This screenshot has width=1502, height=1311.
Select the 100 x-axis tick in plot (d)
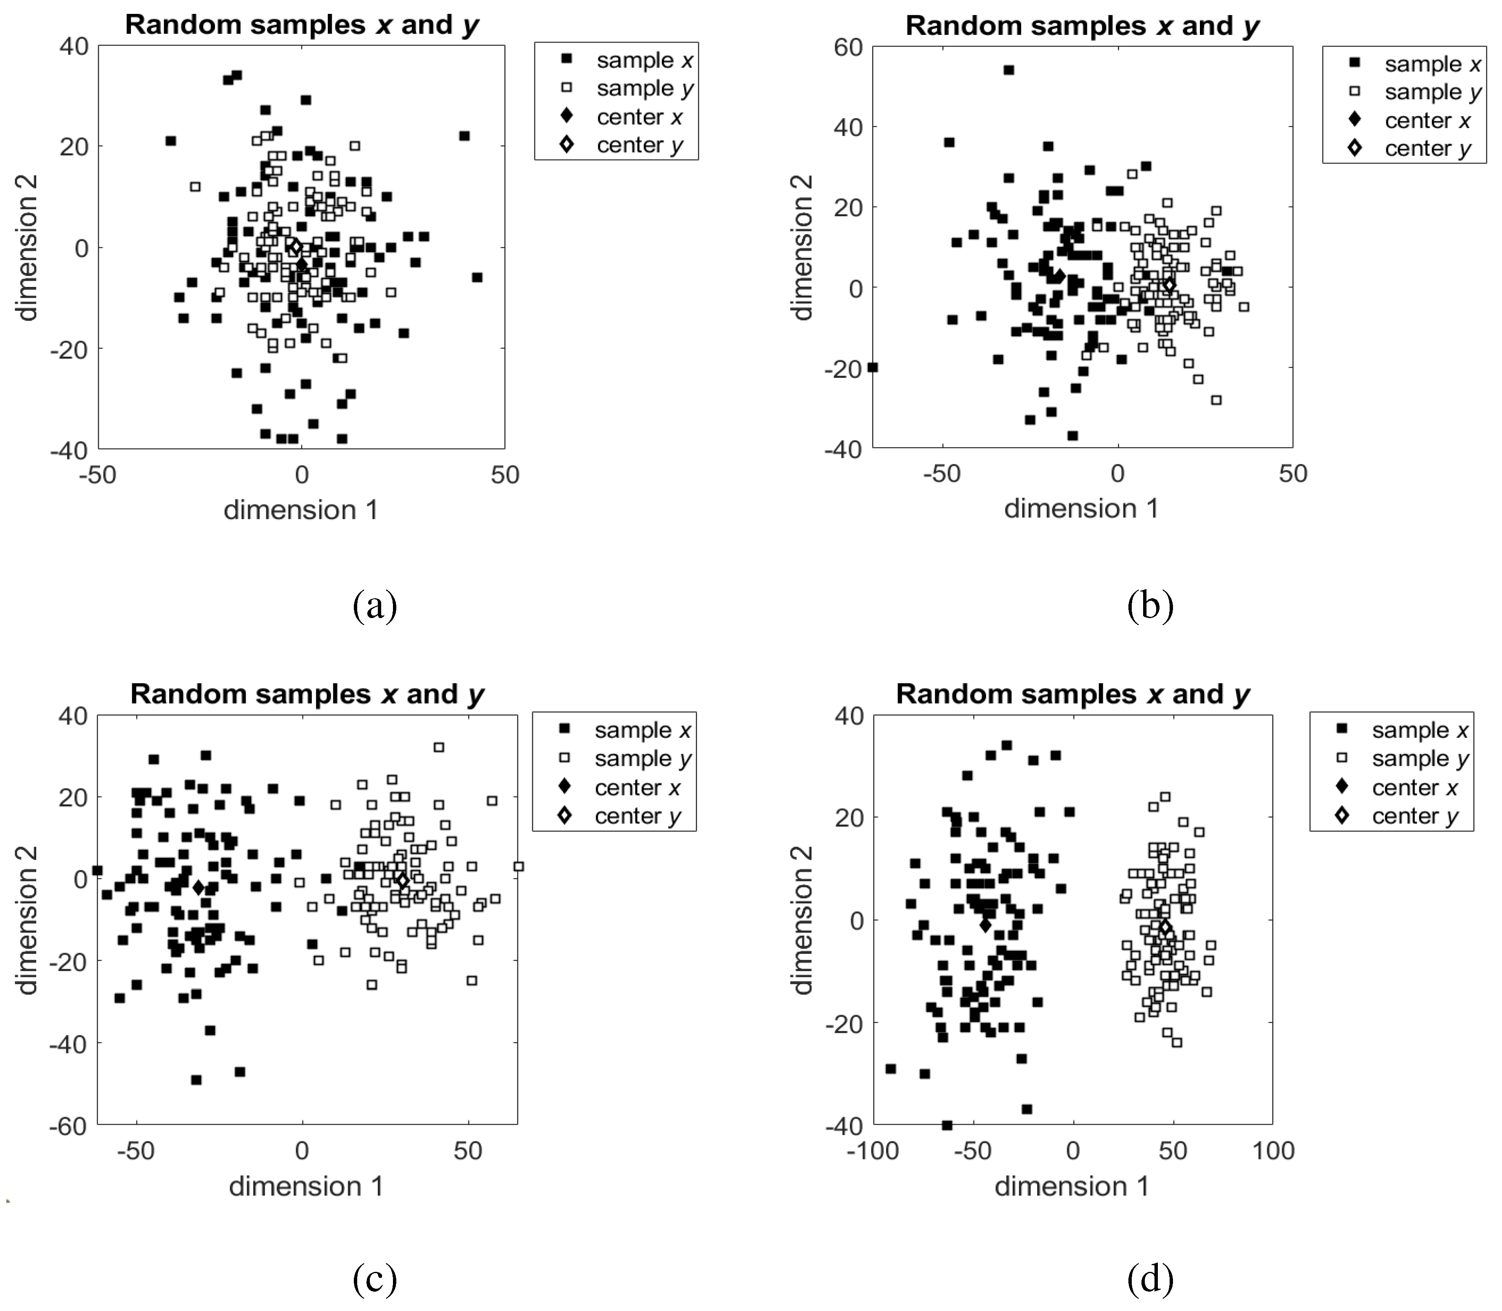[x=1273, y=1151]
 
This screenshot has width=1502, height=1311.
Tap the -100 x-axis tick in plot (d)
[x=873, y=1151]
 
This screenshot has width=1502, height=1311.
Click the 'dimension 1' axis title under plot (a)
[x=301, y=510]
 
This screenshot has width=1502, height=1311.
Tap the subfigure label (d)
[x=1150, y=1278]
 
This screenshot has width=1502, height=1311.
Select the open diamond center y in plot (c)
[x=402, y=880]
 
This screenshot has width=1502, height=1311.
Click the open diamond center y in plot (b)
[x=1169, y=284]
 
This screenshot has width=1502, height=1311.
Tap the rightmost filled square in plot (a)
[x=477, y=277]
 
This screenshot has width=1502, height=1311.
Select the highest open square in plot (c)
[x=439, y=747]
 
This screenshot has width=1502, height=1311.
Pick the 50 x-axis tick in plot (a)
[x=505, y=475]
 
